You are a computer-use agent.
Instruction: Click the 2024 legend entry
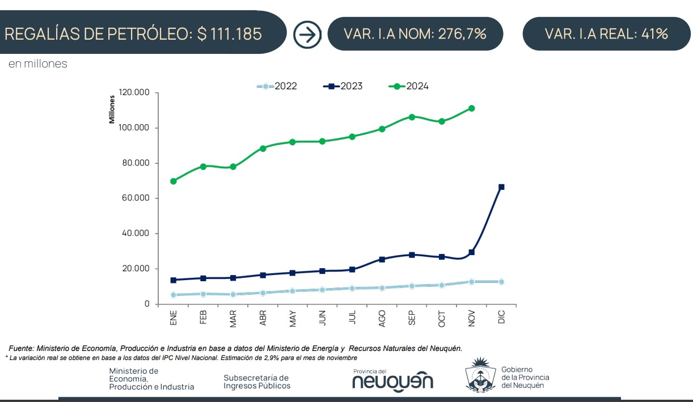pos(408,86)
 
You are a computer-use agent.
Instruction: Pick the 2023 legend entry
pos(343,86)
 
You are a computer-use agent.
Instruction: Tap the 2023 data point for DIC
pos(501,187)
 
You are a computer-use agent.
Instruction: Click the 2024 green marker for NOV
pos(471,108)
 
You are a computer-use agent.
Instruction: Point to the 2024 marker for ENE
pos(173,181)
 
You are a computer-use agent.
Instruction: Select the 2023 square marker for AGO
pos(382,259)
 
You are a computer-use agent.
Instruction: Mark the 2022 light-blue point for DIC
pos(501,282)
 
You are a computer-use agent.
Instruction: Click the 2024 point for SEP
pos(412,117)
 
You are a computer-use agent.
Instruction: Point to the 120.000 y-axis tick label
pos(134,93)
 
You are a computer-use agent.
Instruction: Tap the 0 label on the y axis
pos(147,304)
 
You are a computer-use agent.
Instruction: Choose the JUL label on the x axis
pos(352,318)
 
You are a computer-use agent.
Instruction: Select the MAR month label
pos(233,319)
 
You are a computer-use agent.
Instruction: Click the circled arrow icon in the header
pos(307,35)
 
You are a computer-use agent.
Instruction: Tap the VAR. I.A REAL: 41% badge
pos(606,34)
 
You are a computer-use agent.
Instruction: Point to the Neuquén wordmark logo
pos(392,381)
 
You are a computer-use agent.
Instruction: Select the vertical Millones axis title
pos(112,109)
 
